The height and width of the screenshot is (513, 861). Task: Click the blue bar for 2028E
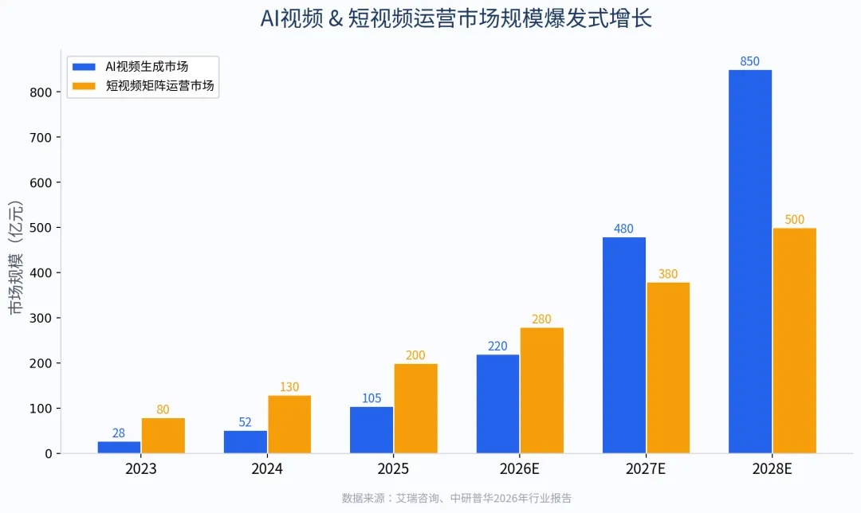[x=750, y=262]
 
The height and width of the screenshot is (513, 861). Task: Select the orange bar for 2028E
[x=795, y=341]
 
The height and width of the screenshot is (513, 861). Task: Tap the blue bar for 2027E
[x=623, y=345]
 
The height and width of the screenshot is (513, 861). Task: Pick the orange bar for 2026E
[x=542, y=390]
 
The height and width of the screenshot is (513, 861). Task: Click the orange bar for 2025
[x=415, y=408]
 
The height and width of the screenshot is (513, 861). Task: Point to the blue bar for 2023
[x=119, y=447]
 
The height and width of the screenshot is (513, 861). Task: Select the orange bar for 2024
[x=289, y=424]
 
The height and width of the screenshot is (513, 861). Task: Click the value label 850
[x=749, y=61]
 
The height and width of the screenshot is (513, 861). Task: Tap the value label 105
[x=372, y=398]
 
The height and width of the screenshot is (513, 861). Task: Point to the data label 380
[x=668, y=274]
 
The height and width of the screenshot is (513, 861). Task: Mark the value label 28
[x=119, y=433]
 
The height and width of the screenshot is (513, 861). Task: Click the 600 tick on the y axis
[x=41, y=182]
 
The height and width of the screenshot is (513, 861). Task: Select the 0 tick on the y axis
[x=49, y=454]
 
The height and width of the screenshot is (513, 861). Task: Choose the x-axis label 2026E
[x=520, y=469]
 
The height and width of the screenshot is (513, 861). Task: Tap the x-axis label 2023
[x=141, y=469]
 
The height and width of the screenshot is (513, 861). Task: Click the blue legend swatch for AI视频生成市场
[x=84, y=66]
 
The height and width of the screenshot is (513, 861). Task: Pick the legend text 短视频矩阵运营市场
[x=159, y=85]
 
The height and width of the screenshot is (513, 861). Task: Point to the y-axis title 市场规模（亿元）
[x=16, y=257]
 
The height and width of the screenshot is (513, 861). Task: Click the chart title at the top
[x=456, y=18]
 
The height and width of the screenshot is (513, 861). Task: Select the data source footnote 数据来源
[x=456, y=498]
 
